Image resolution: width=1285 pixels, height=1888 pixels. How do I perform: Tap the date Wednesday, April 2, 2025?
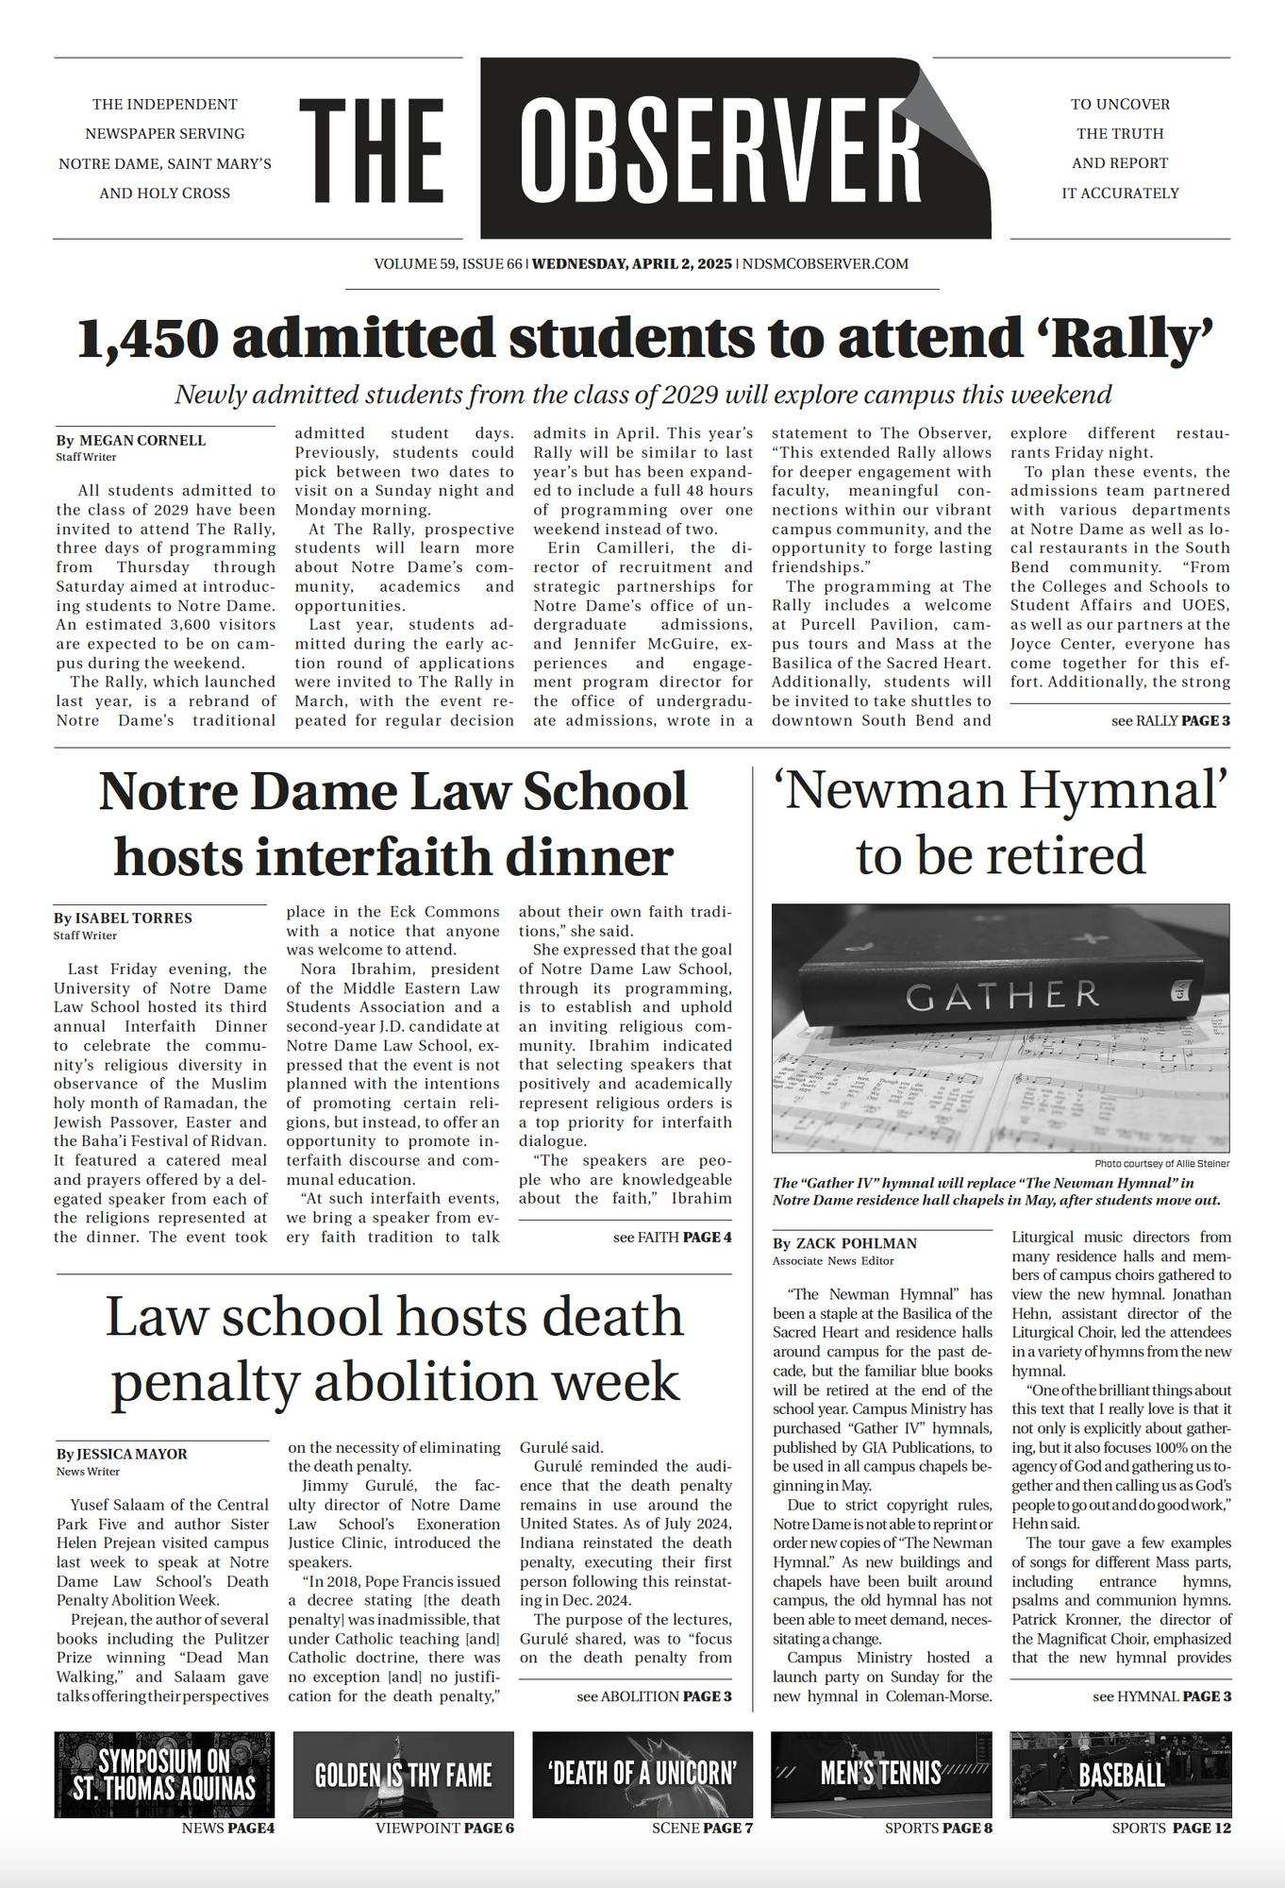(631, 264)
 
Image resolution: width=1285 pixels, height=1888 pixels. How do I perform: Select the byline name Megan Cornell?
(142, 441)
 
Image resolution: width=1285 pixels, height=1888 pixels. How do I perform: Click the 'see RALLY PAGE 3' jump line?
(1170, 721)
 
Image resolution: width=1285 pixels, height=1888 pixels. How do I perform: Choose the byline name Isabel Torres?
(133, 919)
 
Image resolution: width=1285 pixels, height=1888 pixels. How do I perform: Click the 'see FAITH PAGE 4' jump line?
(672, 1237)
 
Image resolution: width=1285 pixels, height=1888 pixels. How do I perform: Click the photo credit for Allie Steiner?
(1161, 1164)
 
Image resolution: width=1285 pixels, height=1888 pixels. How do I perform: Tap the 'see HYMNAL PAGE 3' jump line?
(1161, 1696)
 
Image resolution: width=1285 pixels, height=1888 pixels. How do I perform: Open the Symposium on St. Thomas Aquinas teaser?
(165, 1775)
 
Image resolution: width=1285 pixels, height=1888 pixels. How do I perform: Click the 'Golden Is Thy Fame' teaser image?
(404, 1775)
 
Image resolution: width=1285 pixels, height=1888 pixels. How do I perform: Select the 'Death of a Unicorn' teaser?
(642, 1775)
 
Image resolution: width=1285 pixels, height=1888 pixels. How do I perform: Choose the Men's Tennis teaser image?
(881, 1775)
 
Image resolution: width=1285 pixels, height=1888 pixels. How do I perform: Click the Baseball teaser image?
(1121, 1775)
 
